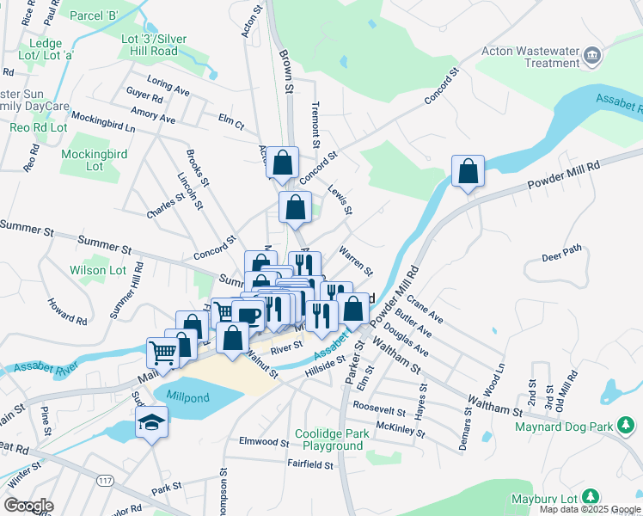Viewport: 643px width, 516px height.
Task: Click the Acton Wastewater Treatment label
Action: tap(530, 57)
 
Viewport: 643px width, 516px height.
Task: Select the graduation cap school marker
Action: tap(152, 421)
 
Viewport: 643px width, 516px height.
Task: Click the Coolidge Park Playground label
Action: tap(332, 439)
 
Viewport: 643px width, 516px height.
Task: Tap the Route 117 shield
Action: tap(106, 478)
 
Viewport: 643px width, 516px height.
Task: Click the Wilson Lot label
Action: tap(98, 270)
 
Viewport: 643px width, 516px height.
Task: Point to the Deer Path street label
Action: tap(561, 257)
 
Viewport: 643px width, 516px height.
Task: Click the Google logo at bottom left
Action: tap(28, 506)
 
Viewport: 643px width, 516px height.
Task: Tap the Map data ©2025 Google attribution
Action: tap(591, 509)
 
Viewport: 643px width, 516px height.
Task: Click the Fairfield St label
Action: tap(309, 464)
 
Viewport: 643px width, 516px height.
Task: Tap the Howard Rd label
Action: tap(67, 311)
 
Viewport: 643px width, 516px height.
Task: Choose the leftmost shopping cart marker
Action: tap(162, 352)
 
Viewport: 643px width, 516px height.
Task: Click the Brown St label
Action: tap(287, 71)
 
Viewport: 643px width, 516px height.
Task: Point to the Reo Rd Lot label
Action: tap(39, 127)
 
